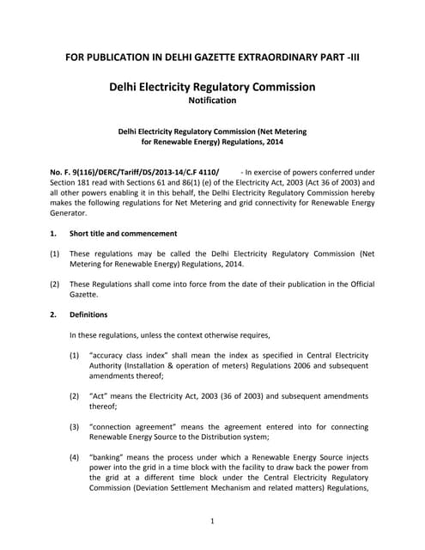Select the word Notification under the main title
[212, 101]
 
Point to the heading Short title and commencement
[124, 233]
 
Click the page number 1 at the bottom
[211, 521]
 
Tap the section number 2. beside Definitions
[53, 315]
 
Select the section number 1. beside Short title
[53, 233]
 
